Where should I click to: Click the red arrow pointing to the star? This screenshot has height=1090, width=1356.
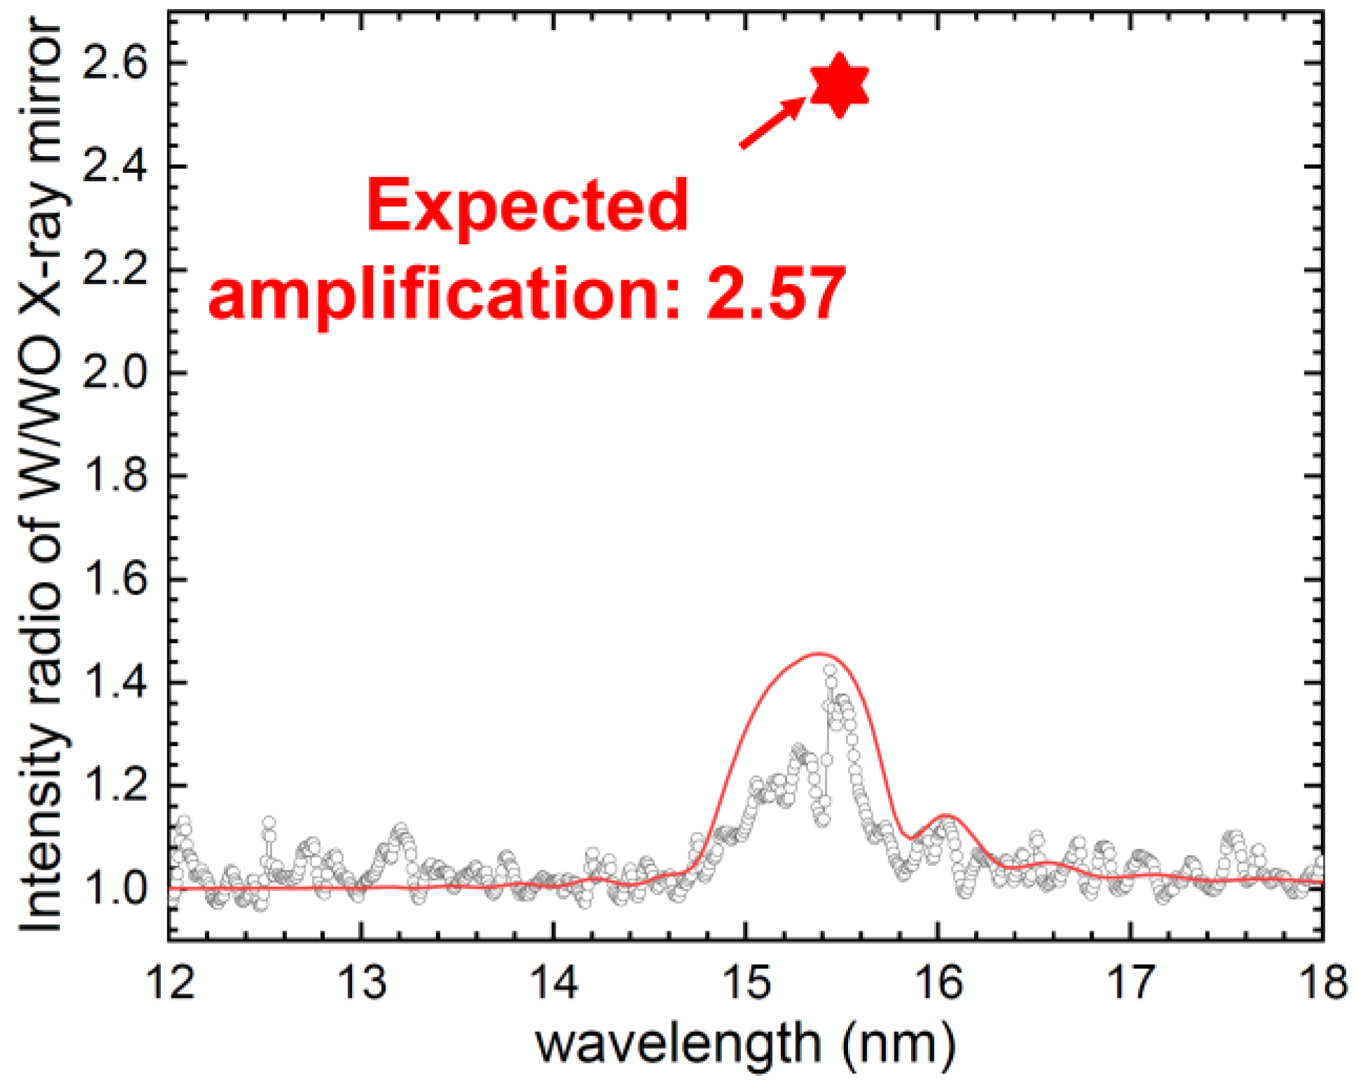[x=772, y=122]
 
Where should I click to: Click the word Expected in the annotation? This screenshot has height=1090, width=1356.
[x=528, y=204]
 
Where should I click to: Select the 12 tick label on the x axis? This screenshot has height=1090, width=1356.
[x=170, y=981]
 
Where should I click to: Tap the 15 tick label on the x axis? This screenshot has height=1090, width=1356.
[x=747, y=981]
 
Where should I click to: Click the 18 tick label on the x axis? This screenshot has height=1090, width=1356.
[x=1321, y=981]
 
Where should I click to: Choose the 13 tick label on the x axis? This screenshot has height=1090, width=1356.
[x=362, y=981]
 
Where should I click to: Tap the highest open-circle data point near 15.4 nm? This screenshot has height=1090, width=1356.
[x=830, y=670]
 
